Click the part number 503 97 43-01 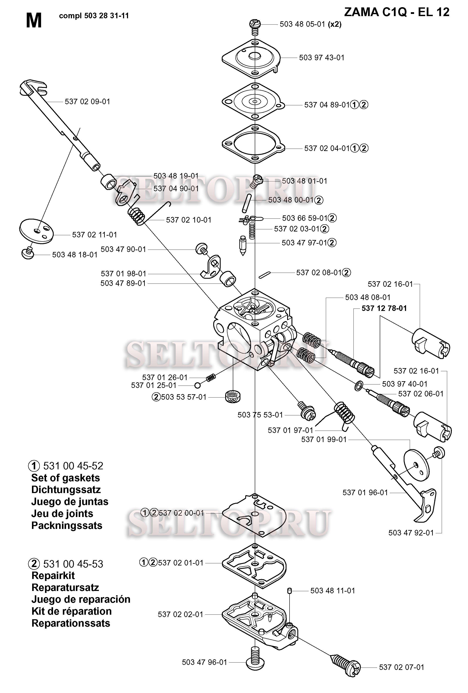(321, 58)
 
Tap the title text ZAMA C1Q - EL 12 (396, 12)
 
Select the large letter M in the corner (34, 21)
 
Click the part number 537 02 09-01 (87, 102)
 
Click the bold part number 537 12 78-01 (384, 308)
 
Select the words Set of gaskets (66, 478)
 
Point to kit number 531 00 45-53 (73, 564)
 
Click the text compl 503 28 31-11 (94, 16)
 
